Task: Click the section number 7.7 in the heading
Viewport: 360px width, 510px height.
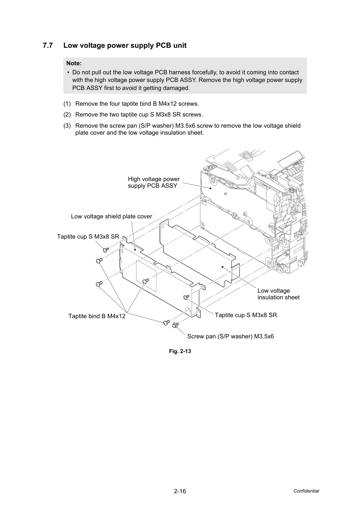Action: click(x=48, y=45)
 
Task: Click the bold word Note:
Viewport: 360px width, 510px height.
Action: click(x=74, y=63)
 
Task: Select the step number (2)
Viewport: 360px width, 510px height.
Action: click(x=67, y=114)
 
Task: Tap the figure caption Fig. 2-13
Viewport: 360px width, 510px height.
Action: click(x=180, y=351)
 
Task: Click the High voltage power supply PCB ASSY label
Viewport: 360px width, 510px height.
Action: click(x=154, y=182)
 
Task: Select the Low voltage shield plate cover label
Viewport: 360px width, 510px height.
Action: click(x=112, y=216)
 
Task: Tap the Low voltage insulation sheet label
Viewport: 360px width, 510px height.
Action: click(x=278, y=294)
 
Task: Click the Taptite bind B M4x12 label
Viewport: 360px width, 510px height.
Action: click(x=97, y=316)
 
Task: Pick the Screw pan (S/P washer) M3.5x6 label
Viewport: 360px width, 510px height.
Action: click(x=230, y=336)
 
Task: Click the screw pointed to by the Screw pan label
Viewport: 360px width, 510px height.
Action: click(x=175, y=325)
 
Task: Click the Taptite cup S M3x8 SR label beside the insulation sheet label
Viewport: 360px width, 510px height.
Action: click(x=246, y=315)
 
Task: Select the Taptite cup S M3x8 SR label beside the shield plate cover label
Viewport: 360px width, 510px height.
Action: click(x=88, y=237)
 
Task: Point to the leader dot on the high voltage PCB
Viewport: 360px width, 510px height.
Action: click(x=210, y=188)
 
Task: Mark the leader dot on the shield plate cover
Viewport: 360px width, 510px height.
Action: click(x=135, y=249)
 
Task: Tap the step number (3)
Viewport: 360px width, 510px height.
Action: click(x=67, y=126)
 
